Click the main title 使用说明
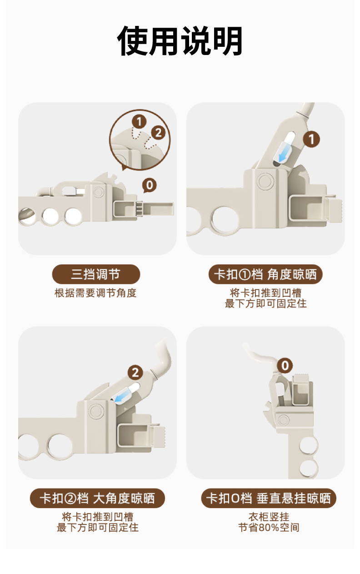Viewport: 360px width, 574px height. (180, 41)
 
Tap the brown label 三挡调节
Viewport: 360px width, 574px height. (96, 274)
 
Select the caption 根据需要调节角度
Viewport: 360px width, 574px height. (95, 293)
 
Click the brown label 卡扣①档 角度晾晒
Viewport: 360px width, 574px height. (265, 274)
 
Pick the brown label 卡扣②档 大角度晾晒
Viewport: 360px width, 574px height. (97, 498)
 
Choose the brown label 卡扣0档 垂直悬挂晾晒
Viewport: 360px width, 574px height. (269, 498)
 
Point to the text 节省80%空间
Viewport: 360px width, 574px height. (269, 528)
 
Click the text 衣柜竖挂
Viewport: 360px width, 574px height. (269, 517)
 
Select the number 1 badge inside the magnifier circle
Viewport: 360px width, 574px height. (139, 121)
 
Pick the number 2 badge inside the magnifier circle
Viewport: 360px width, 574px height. (158, 133)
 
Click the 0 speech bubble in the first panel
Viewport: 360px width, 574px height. (150, 185)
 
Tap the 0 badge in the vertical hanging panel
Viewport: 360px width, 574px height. (285, 366)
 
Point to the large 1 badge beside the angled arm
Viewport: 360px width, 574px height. (311, 140)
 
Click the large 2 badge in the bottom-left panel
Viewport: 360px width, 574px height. (135, 373)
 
